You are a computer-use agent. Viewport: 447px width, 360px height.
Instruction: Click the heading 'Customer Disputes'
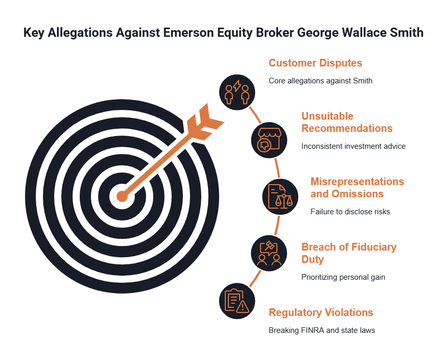click(x=315, y=63)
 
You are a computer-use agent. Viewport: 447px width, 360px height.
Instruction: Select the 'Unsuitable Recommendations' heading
click(x=347, y=122)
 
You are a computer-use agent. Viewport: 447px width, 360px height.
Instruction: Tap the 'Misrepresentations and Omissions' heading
click(x=357, y=188)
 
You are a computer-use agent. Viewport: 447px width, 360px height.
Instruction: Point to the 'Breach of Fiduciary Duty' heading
click(x=349, y=253)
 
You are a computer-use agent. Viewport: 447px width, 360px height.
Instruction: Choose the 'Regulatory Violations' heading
click(x=321, y=312)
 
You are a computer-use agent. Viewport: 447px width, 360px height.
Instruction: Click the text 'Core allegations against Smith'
click(x=320, y=81)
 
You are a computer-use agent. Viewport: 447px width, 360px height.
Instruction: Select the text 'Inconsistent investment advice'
click(x=354, y=146)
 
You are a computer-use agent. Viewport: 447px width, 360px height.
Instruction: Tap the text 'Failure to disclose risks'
click(x=350, y=212)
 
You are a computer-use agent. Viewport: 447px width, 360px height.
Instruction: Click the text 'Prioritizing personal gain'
click(x=343, y=277)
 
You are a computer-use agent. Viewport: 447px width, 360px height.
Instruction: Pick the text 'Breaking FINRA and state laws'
click(x=322, y=330)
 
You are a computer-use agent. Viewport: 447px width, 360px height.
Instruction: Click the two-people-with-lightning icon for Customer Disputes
click(x=237, y=92)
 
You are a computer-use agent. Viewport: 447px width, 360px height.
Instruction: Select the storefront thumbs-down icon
click(x=269, y=140)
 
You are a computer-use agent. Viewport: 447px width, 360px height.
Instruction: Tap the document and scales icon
click(x=280, y=196)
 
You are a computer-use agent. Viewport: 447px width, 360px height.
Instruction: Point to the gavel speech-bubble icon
click(x=269, y=253)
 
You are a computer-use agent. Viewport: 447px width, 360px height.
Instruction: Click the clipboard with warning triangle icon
click(x=237, y=301)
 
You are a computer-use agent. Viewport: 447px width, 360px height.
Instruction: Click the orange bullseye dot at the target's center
click(x=122, y=196)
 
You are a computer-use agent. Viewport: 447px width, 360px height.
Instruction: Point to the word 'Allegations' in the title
click(x=80, y=33)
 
